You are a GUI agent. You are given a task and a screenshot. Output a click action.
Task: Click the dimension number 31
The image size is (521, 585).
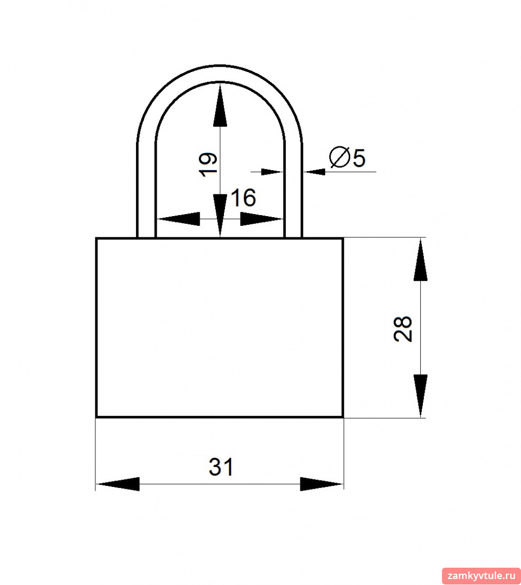pyautogui.click(x=221, y=467)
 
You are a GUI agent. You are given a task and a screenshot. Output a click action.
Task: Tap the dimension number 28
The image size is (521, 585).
pyautogui.click(x=403, y=329)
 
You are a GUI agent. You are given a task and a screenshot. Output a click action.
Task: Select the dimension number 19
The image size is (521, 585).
pyautogui.click(x=208, y=164)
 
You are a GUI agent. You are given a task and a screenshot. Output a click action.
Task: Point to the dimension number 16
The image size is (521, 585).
pyautogui.click(x=243, y=198)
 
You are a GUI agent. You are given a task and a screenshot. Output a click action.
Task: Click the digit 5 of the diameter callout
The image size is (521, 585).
pyautogui.click(x=359, y=158)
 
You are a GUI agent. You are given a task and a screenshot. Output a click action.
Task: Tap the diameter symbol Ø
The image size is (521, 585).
pyautogui.click(x=339, y=157)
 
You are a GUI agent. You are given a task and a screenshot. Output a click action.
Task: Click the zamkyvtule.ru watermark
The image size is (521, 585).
pyautogui.click(x=481, y=576)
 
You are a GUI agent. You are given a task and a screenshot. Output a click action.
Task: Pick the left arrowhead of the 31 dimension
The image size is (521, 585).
pyautogui.click(x=118, y=484)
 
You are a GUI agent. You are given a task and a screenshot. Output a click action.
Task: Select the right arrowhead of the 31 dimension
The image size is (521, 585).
pyautogui.click(x=321, y=484)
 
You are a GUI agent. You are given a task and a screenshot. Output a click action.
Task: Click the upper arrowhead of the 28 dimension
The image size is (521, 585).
pyautogui.click(x=421, y=259)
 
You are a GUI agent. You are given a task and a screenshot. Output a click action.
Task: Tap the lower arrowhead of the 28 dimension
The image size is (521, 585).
pyautogui.click(x=421, y=395)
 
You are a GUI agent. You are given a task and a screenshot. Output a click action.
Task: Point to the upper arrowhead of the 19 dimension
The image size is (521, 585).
pyautogui.click(x=220, y=106)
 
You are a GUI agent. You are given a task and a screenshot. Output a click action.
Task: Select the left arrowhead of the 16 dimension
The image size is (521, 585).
pyautogui.click(x=178, y=219)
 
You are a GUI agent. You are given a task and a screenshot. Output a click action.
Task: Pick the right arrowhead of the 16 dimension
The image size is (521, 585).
pyautogui.click(x=261, y=219)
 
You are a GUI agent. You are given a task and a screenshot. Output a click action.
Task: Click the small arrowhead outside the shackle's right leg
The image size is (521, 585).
pyautogui.click(x=314, y=172)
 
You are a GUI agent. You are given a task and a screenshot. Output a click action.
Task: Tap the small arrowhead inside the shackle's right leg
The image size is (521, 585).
pyautogui.click(x=272, y=172)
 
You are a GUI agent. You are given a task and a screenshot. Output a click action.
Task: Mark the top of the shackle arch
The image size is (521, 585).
pyautogui.click(x=220, y=73)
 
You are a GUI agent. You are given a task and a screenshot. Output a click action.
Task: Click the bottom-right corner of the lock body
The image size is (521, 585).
pyautogui.click(x=343, y=417)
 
